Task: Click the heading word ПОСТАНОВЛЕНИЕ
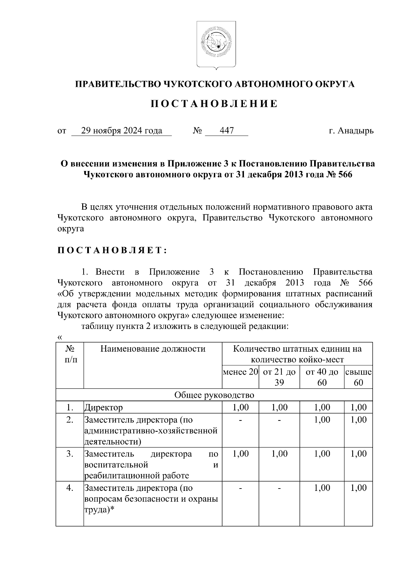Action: [214, 104]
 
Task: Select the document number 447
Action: [227, 131]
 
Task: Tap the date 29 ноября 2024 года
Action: [122, 131]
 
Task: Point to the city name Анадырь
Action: [355, 131]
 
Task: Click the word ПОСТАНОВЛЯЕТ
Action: [112, 250]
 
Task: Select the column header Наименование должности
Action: [153, 349]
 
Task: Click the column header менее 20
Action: [241, 372]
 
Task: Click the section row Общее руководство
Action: [214, 395]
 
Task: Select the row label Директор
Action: [104, 408]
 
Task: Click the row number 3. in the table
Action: [70, 454]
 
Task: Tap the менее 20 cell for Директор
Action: [241, 407]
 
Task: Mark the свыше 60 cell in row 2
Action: [359, 420]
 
